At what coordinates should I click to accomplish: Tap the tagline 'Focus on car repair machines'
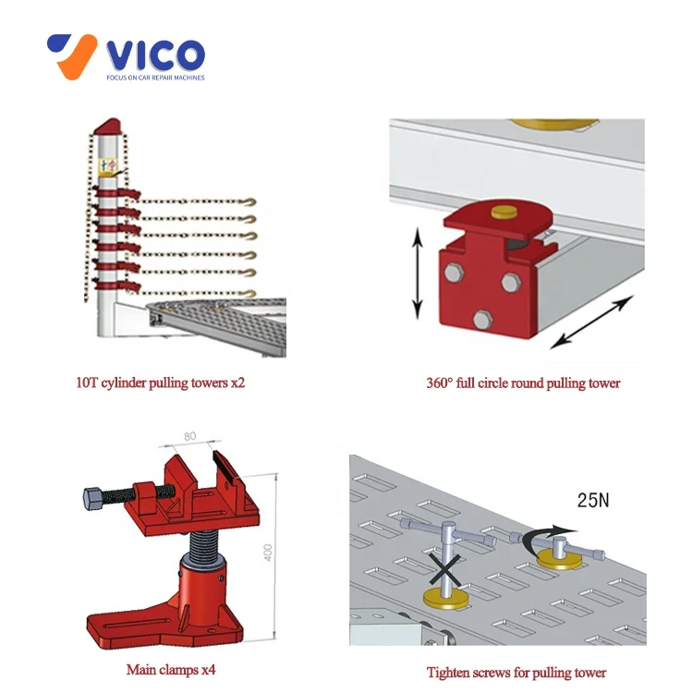click(154, 78)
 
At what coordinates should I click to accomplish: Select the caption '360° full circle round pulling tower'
click(522, 383)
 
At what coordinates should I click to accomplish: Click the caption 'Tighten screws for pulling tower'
click(517, 671)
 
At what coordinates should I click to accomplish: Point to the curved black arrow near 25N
click(545, 541)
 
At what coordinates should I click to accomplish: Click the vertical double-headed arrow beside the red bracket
click(418, 275)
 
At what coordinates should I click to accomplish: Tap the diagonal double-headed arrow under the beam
click(592, 322)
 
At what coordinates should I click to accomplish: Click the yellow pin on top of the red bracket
click(505, 212)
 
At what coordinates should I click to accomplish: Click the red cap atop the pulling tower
click(108, 125)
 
